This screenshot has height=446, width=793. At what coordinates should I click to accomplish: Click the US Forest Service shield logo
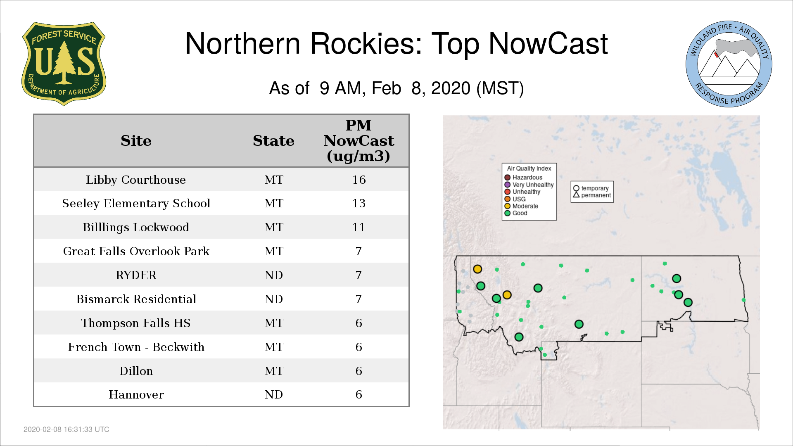64,64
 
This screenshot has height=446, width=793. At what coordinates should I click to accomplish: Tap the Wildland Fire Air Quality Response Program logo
729,64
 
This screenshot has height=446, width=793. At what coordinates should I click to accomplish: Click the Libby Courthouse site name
136,180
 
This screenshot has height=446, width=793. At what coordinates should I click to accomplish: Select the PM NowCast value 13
359,203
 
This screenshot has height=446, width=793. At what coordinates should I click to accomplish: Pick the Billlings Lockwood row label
136,228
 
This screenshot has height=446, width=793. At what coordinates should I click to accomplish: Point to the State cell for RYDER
273,275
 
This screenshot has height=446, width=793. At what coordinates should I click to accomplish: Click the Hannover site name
136,395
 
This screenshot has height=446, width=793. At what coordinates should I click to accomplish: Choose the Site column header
136,141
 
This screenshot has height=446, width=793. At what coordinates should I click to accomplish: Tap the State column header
273,141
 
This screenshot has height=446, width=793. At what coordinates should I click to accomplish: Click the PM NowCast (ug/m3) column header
359,140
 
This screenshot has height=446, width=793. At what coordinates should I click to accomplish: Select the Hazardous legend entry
523,178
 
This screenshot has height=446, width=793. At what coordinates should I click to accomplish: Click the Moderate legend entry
521,206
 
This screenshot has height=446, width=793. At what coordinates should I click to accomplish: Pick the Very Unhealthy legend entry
529,185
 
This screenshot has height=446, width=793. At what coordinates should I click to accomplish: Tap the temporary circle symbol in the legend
576,188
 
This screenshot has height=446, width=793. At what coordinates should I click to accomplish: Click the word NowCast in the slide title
548,44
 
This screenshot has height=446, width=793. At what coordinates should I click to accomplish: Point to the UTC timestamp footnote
66,429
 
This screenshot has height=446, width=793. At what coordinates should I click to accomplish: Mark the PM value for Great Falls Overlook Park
359,251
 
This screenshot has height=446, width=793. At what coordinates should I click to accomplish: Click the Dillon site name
136,371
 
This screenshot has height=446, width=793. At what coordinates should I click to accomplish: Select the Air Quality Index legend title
529,168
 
